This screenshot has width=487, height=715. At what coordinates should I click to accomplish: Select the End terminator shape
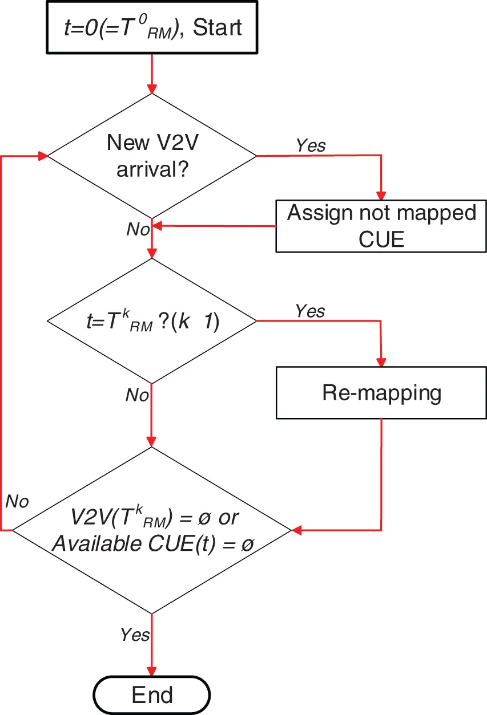click(152, 695)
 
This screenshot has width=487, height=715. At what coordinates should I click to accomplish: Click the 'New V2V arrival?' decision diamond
click(152, 155)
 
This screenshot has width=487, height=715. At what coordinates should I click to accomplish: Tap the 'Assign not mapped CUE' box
click(381, 226)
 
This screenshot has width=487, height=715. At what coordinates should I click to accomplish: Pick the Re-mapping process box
click(381, 393)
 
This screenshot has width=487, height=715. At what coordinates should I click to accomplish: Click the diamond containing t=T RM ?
click(152, 322)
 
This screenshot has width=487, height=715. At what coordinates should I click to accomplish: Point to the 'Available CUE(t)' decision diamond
click(152, 530)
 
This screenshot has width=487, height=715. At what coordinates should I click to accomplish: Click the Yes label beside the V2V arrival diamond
click(311, 145)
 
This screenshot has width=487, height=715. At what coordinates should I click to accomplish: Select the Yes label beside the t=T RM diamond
click(310, 311)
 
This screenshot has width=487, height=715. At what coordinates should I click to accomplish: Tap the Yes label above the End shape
click(135, 634)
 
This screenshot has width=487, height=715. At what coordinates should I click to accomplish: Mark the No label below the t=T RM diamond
click(137, 395)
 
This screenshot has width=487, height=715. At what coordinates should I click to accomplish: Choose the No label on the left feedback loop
click(17, 501)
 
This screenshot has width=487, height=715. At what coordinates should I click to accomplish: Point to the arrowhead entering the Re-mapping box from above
click(381, 362)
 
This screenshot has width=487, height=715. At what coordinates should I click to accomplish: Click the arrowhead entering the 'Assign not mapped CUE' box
click(381, 195)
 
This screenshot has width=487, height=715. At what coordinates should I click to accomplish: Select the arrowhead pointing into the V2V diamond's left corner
click(42, 155)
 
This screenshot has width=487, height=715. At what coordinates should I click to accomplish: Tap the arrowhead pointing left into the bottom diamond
click(296, 530)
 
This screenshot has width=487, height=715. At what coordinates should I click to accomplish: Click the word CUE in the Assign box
click(381, 239)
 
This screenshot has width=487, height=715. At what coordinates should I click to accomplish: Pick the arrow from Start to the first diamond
click(152, 71)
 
